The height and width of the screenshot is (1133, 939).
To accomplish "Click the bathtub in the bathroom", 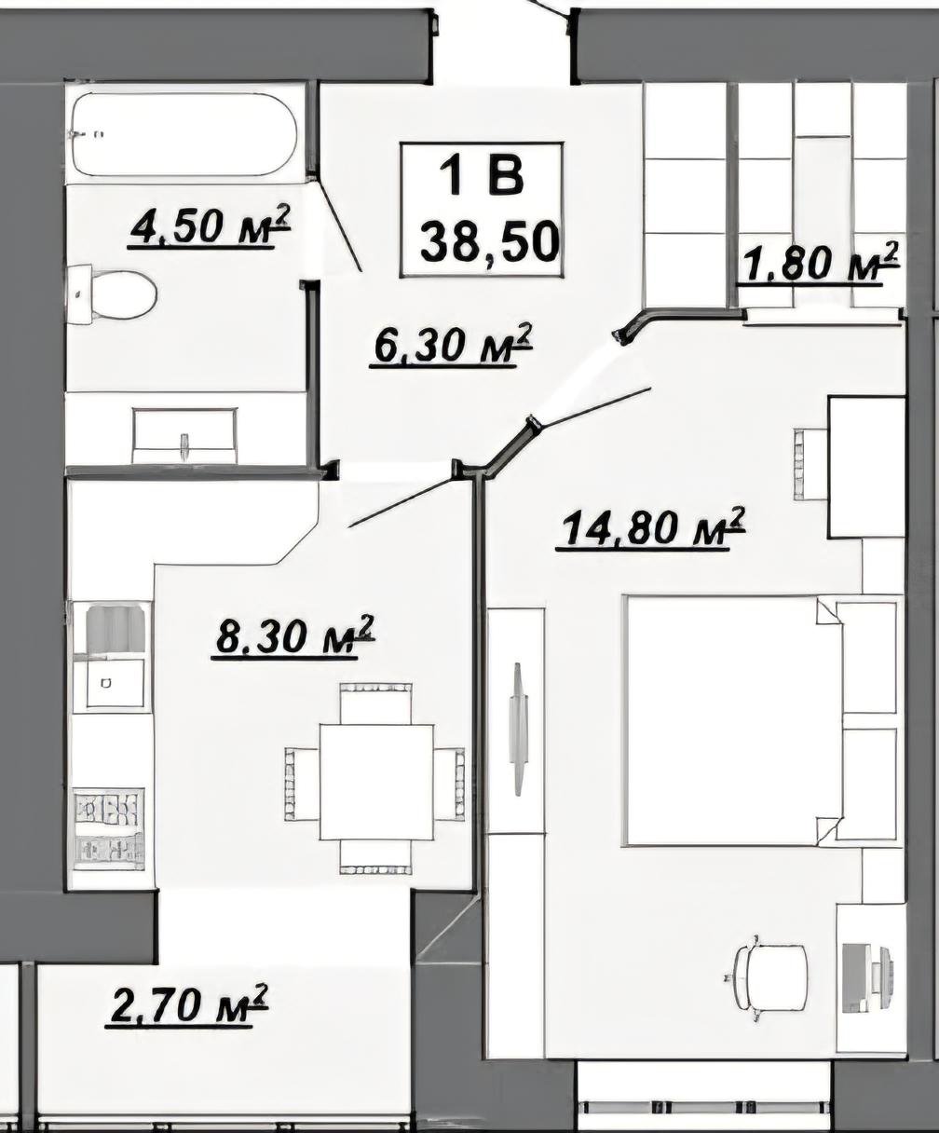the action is tap(184, 134).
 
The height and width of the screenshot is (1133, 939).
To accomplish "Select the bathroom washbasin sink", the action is tap(185, 436).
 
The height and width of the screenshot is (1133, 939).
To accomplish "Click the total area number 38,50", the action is tap(489, 242).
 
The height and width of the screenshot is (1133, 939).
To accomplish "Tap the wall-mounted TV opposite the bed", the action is tap(518, 730).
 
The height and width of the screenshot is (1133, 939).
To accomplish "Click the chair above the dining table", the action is tap(375, 703).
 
